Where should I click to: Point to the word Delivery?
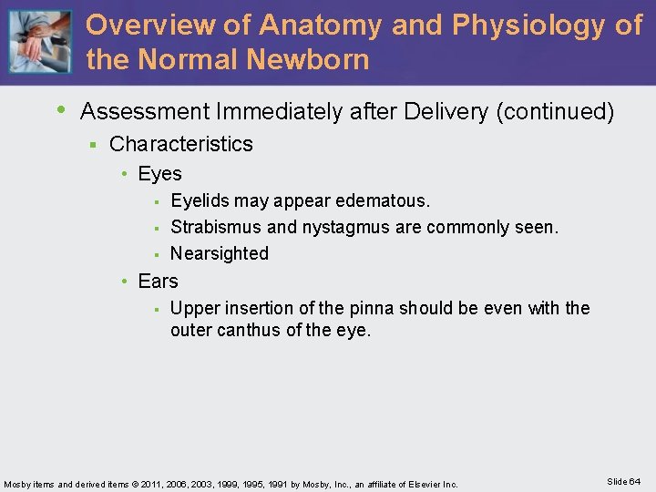[x=446, y=112]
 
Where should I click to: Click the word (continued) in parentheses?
[x=555, y=112]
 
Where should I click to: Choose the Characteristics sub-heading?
[x=181, y=144]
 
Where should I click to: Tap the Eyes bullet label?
[x=160, y=173]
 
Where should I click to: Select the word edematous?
[x=384, y=200]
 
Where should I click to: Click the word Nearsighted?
[x=220, y=253]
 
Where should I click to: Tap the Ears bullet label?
[x=159, y=281]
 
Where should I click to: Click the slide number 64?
[x=634, y=481]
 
